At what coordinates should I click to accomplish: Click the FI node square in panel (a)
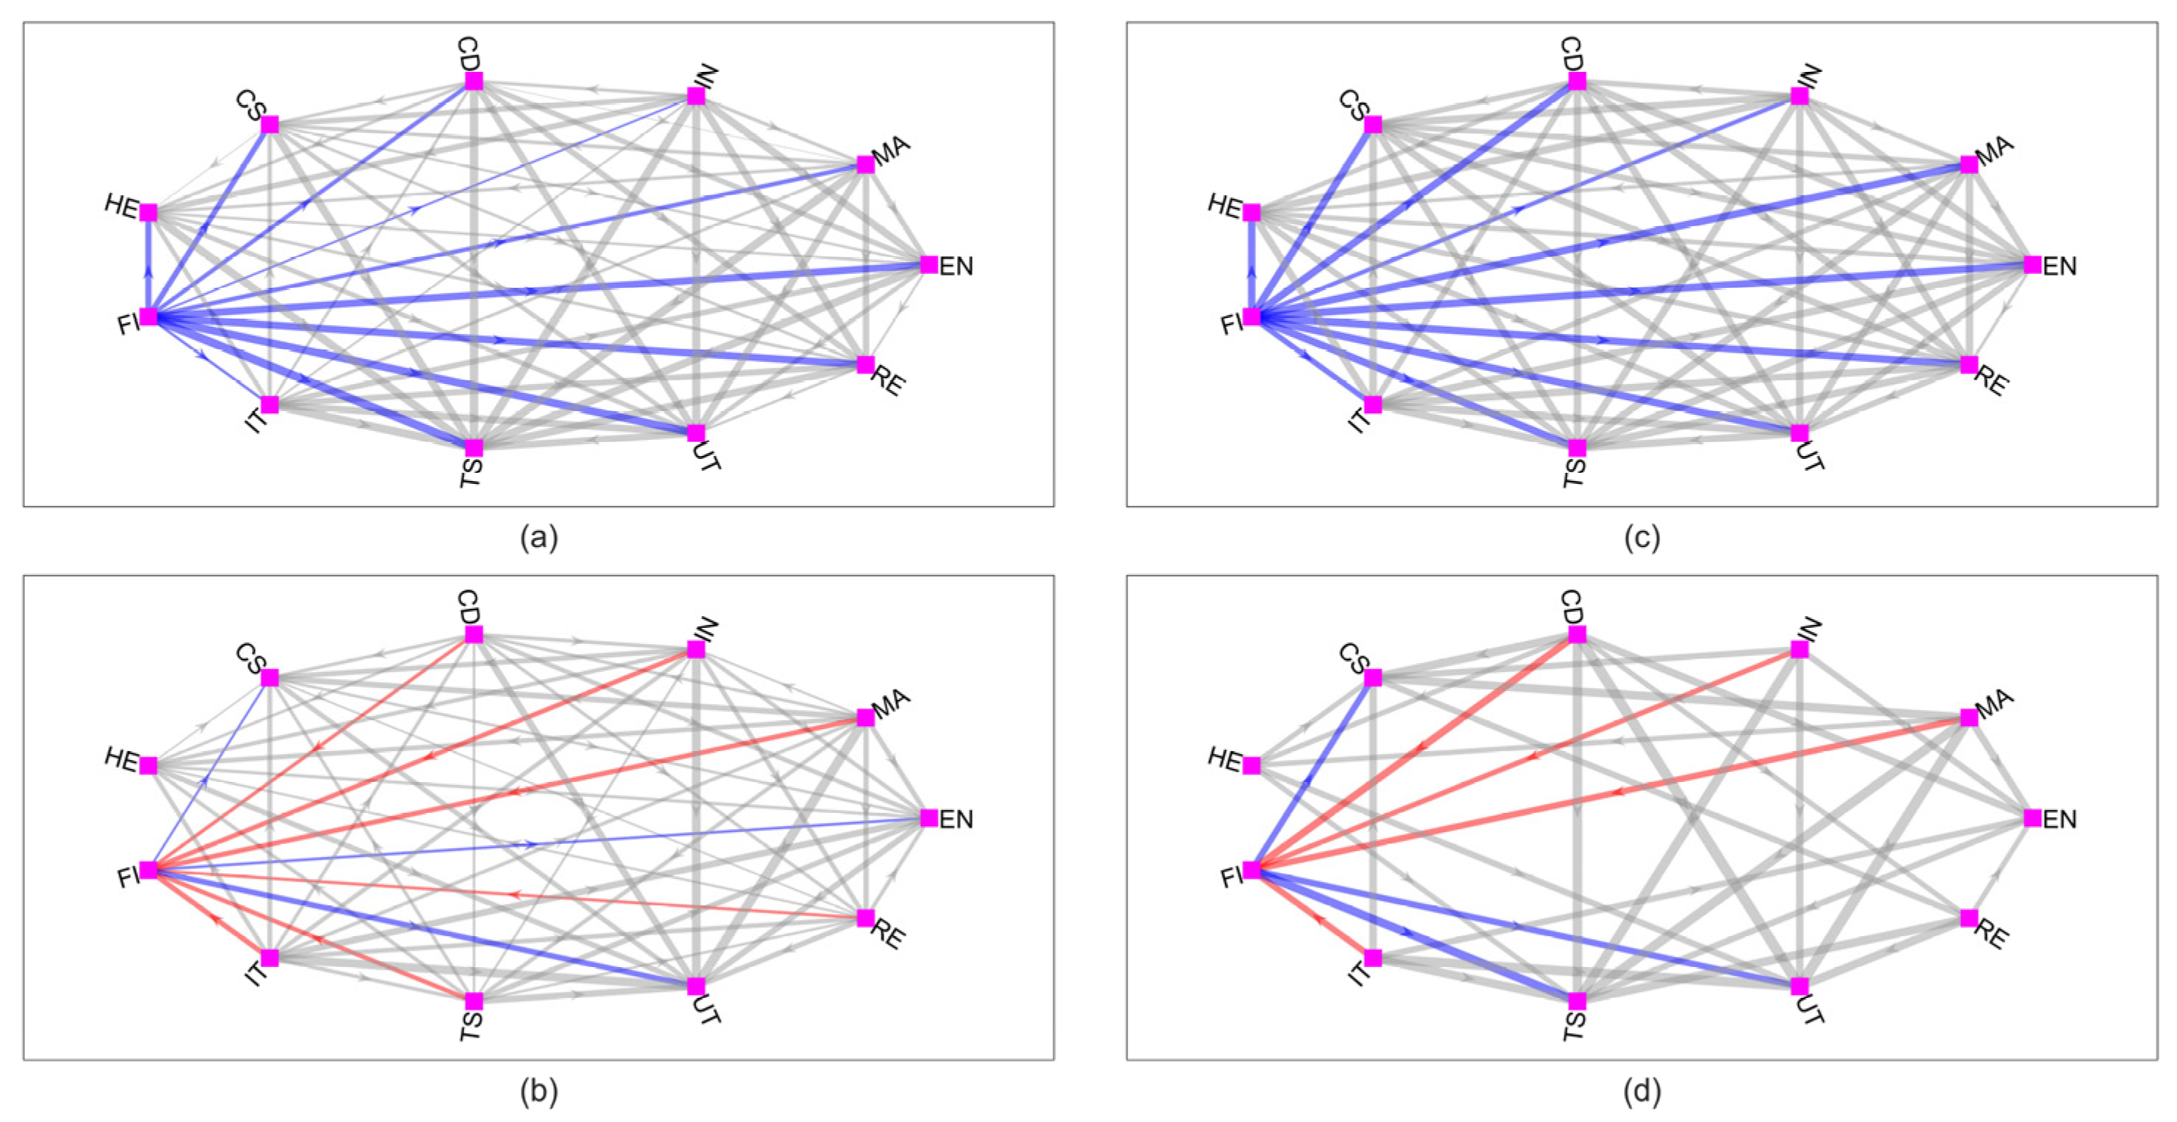point(149,316)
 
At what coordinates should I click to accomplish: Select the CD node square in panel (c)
point(1577,81)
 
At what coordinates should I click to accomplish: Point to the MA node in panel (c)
point(1969,164)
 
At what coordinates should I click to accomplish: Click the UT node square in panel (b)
point(696,986)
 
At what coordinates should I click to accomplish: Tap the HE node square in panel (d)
point(1252,765)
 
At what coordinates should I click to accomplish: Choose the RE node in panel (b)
point(865,918)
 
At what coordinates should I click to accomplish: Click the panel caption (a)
point(539,538)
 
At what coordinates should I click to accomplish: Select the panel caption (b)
point(539,1092)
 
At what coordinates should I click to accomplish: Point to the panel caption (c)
point(1642,538)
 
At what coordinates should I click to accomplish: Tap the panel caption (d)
point(1642,1092)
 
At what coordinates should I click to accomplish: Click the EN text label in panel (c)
point(2059,267)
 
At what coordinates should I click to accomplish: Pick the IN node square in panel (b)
point(696,649)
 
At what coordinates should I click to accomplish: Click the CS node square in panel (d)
point(1373,678)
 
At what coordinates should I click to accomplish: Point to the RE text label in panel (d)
point(1992,935)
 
